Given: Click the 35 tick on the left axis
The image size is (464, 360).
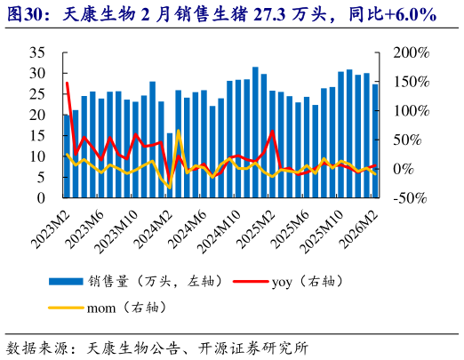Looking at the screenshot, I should coord(38,52).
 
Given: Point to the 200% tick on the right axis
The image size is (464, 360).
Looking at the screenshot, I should coord(411,52).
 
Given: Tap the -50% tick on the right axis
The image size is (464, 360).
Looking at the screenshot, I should coord(410,198).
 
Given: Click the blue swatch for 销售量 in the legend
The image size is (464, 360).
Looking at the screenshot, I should coord(68,281).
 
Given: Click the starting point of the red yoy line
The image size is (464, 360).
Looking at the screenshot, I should coord(67,83).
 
